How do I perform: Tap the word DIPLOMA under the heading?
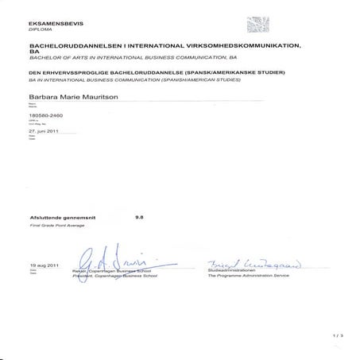39,29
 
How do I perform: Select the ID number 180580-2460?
45,116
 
